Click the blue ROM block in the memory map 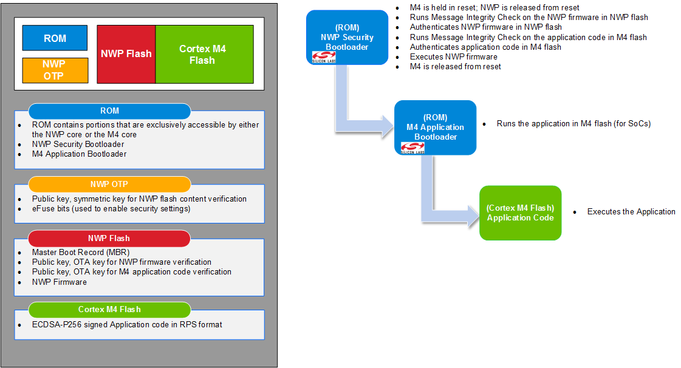55,38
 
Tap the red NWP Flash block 126,53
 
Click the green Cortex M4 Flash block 204,54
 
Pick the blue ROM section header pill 110,111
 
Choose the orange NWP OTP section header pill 110,184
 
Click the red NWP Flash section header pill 110,238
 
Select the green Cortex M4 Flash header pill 110,310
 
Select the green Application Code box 520,212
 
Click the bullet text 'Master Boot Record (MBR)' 81,252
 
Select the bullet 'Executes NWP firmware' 453,56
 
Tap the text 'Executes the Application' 631,212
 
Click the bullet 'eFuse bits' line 111,209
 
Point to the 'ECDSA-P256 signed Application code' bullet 127,324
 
